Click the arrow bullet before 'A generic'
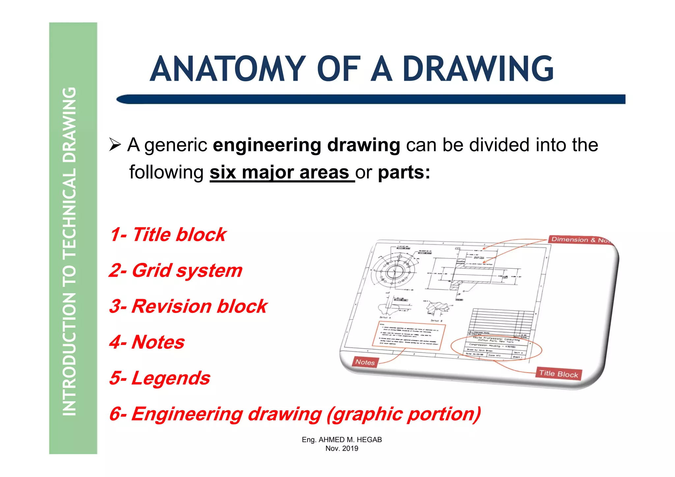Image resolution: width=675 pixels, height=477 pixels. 115,145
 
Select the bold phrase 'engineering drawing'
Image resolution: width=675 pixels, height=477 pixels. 306,145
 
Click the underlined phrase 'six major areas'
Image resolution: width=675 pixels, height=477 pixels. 282,172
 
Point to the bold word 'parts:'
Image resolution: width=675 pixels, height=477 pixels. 404,172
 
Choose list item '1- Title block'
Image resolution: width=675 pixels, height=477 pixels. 168,235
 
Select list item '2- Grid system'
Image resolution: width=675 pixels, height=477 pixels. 176,270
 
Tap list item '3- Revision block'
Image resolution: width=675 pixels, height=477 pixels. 188,306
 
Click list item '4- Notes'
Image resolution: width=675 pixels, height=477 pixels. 147,342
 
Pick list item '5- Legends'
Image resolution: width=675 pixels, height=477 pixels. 160,378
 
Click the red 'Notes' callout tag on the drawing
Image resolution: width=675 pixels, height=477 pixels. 365,362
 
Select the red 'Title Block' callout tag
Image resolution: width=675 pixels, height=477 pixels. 558,374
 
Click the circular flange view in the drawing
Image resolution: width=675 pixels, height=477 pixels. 394,272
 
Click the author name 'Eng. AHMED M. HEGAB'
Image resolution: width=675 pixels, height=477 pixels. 342,440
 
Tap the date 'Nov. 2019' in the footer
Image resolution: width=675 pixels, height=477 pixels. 342,448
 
